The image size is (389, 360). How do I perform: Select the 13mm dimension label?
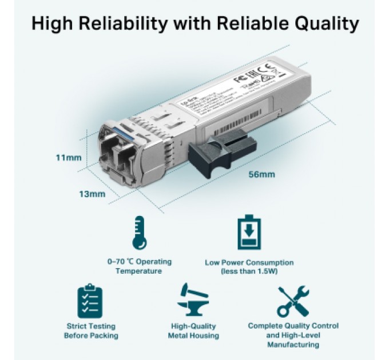(x=92, y=194)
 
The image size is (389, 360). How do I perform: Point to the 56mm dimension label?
(x=263, y=174)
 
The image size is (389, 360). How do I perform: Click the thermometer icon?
(x=139, y=233)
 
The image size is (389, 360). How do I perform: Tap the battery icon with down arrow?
(x=249, y=233)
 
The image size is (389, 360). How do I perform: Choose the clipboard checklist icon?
(x=90, y=301)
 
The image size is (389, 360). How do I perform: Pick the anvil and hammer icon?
(x=193, y=301)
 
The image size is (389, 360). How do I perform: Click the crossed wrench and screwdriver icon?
(x=293, y=301)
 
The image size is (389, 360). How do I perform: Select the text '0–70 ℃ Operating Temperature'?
(x=139, y=266)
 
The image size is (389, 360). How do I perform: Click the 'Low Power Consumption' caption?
(x=249, y=262)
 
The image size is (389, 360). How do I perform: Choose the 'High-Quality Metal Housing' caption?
(x=193, y=330)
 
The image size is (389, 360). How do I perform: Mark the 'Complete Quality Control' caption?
(x=293, y=326)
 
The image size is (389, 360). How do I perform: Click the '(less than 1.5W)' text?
(x=249, y=271)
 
